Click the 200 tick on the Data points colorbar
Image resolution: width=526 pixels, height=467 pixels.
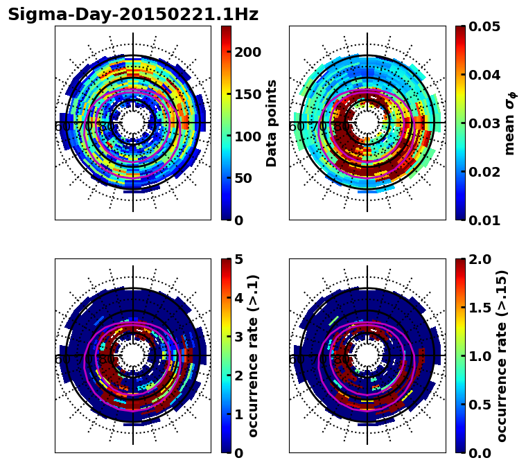click(247, 52)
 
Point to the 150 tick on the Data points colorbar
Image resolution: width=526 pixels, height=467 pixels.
click(247, 94)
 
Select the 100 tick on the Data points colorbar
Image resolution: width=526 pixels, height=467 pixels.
click(247, 136)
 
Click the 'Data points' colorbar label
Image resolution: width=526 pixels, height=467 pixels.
click(272, 123)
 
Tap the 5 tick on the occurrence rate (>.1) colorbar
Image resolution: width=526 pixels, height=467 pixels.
click(238, 259)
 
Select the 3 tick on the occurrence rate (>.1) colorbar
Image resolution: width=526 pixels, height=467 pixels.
click(238, 337)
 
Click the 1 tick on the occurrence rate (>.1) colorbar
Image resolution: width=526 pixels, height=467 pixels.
click(238, 414)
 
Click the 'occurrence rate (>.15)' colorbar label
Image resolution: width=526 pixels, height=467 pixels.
click(502, 355)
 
